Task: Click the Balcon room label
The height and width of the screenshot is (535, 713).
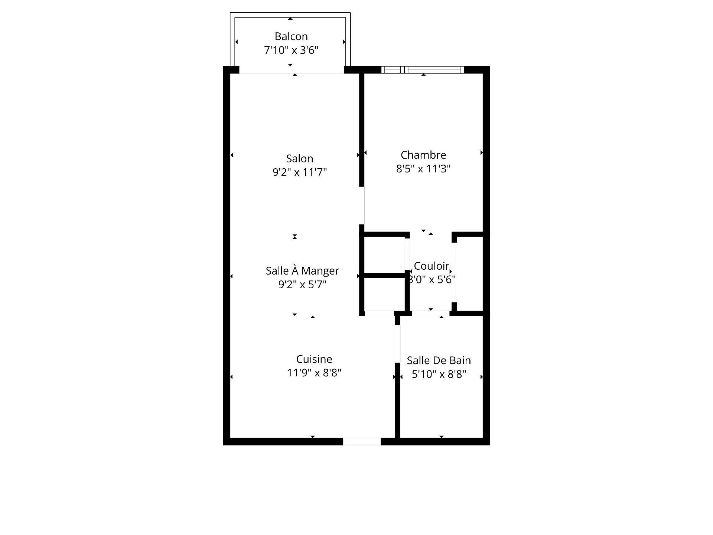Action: click(291, 36)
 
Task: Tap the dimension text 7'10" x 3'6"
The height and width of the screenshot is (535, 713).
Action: click(291, 50)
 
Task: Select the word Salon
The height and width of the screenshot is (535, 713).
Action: click(299, 159)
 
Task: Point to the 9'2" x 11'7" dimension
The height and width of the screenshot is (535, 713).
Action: click(299, 172)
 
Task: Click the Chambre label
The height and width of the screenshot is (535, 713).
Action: click(423, 155)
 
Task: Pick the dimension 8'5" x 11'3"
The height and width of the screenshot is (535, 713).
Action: click(423, 169)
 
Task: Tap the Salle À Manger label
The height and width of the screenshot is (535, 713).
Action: click(302, 271)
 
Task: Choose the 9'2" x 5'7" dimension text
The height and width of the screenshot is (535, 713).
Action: click(302, 285)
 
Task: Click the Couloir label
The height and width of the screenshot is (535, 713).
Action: click(432, 266)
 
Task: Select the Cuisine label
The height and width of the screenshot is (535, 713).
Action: click(314, 359)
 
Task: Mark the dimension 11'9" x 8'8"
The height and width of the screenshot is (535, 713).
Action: click(314, 373)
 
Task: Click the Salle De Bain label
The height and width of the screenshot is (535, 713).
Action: click(439, 360)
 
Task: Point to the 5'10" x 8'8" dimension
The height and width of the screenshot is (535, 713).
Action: click(439, 374)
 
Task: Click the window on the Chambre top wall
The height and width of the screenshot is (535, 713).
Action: click(423, 69)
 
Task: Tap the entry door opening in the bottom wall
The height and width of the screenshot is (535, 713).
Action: click(362, 441)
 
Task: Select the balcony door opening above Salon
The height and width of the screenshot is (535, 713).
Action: click(292, 70)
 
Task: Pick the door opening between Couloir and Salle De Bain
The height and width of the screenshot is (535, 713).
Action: click(431, 314)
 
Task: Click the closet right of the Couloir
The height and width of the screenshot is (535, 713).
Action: click(469, 273)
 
